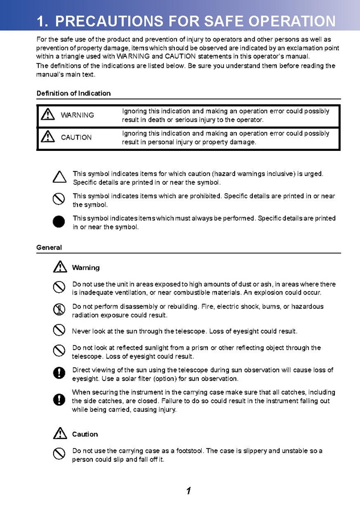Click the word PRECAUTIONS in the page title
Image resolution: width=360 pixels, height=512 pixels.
[x=109, y=22]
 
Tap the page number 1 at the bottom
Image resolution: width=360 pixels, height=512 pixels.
[x=188, y=491]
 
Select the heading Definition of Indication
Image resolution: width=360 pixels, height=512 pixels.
[x=73, y=93]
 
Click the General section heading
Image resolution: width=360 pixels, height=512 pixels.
[x=49, y=248]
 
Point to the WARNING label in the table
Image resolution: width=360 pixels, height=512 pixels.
[x=77, y=115]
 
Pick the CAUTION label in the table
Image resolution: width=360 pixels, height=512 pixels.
[x=76, y=137]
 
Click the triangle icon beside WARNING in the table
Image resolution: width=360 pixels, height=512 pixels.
[x=48, y=115]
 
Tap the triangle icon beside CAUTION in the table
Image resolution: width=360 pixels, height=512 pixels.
[x=48, y=137]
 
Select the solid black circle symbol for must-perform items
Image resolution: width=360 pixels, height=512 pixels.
[x=59, y=222]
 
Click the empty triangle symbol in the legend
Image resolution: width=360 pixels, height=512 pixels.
[x=59, y=177]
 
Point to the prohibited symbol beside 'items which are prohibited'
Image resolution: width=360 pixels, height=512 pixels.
[x=59, y=199]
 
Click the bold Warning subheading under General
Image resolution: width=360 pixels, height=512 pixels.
[x=85, y=268]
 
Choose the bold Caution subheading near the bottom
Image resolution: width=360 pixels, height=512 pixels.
[x=85, y=434]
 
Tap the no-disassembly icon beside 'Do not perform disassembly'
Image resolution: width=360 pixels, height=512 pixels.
[x=59, y=310]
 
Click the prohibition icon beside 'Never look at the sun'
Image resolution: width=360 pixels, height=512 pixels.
[x=59, y=330]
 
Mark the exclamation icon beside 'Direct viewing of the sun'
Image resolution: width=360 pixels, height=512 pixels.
[x=59, y=373]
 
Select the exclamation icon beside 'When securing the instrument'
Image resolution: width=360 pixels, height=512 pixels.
[x=59, y=399]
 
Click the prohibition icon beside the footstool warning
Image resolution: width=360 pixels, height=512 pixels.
[x=59, y=454]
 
